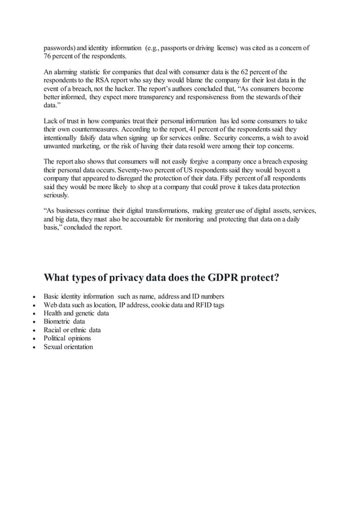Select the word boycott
282,170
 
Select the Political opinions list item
67,338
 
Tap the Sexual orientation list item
68,347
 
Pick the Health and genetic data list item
76,313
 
